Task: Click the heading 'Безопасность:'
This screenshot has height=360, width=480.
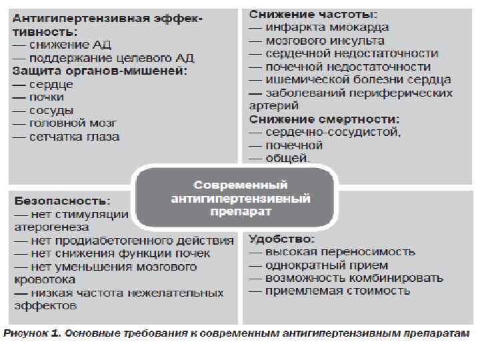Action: click(61, 201)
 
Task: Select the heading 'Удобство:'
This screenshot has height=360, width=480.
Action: click(282, 238)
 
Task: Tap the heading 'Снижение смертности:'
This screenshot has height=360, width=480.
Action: click(324, 119)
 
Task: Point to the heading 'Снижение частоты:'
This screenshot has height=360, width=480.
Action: click(313, 14)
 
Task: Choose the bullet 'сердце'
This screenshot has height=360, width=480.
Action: click(51, 84)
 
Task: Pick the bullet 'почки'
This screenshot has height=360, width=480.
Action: click(47, 97)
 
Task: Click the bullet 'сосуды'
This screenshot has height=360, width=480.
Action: click(51, 110)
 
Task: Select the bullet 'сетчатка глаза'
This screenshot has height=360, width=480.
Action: click(74, 137)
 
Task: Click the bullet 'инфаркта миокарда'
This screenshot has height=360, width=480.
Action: click(327, 27)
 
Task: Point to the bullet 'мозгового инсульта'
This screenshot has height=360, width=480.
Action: click(325, 40)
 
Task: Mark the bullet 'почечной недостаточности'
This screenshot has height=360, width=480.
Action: click(348, 67)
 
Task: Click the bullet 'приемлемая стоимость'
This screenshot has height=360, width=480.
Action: click(337, 291)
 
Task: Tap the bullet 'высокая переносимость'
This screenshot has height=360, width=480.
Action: click(340, 251)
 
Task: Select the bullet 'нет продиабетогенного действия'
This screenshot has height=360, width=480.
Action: click(131, 240)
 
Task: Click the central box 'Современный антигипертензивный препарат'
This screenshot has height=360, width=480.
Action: click(241, 198)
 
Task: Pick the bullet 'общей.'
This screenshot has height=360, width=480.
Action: click(287, 158)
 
